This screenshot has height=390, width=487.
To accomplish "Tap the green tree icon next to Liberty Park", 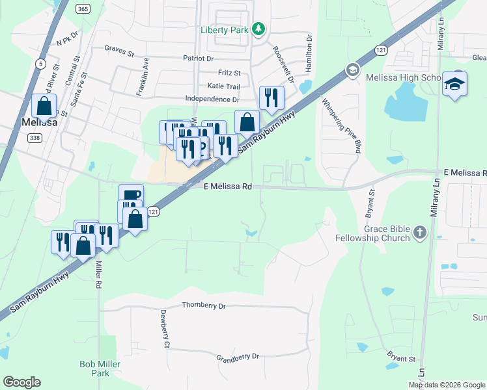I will point(259,29).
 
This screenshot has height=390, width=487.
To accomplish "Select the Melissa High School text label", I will point(395,77).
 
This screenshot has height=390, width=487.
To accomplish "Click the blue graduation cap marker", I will point(454,84).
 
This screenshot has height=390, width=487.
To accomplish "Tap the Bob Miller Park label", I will point(100,369).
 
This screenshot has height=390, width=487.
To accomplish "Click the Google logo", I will point(21,382).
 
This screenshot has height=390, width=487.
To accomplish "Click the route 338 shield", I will point(35,137).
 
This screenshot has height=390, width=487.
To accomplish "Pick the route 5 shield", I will point(41,63).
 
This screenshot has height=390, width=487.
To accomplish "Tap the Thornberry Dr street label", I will point(203,305).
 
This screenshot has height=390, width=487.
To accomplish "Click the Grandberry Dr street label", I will point(238,357).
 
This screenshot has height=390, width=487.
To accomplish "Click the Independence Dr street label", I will point(212,99).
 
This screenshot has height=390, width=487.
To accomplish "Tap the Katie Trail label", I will point(223,86).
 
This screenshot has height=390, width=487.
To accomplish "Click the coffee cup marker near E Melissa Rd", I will point(131,194).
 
